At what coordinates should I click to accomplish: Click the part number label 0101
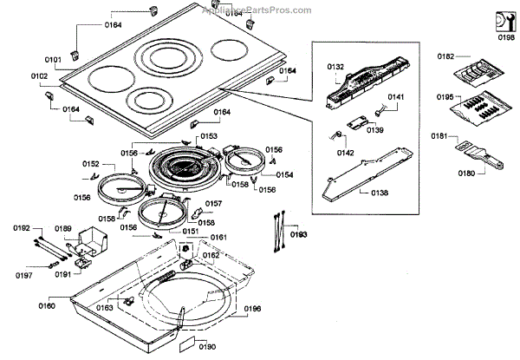tap(52, 60)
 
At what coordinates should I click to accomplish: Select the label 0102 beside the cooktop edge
tap(40, 76)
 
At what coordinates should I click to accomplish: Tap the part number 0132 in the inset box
tap(336, 67)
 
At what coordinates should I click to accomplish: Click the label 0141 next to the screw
tap(395, 96)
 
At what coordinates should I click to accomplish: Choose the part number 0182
tap(445, 56)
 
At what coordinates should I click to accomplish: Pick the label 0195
tap(445, 98)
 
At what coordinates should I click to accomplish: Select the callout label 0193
tap(298, 235)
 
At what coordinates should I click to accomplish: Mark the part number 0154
tap(283, 174)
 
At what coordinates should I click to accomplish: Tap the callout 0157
tap(213, 205)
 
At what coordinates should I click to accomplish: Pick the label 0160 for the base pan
tap(47, 305)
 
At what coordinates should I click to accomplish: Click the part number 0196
tap(253, 308)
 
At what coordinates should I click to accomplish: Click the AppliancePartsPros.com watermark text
tap(257, 11)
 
